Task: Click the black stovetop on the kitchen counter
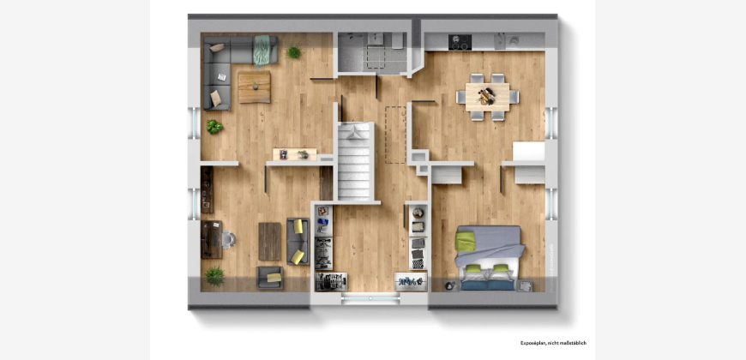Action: tap(460, 42)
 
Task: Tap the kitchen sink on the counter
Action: tap(500, 41)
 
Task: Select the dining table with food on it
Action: tap(487, 97)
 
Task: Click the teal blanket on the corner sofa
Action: tap(262, 50)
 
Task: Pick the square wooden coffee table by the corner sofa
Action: tap(254, 87)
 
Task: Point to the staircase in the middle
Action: tap(355, 161)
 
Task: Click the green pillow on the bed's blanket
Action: tap(465, 242)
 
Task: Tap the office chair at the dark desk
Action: tap(228, 239)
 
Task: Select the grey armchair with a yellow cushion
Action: tap(270, 278)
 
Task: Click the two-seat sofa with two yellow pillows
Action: tap(298, 242)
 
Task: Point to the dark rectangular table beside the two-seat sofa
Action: tap(270, 242)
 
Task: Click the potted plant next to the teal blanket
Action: tap(293, 52)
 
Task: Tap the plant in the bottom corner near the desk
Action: tap(214, 276)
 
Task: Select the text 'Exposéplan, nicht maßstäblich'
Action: tap(553, 343)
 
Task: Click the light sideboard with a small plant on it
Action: tap(294, 154)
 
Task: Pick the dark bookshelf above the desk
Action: tap(207, 189)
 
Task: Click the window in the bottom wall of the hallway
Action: tap(370, 298)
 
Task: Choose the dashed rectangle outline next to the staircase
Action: tap(395, 135)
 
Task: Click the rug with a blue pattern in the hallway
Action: tap(411, 281)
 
